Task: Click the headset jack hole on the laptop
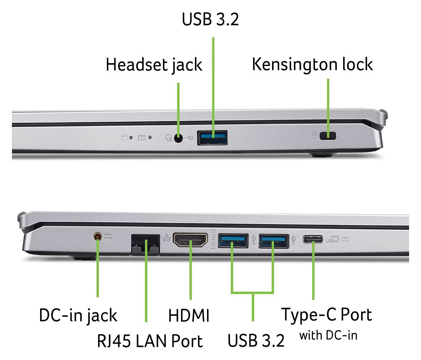pos(178,138)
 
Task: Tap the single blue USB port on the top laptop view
pos(212,138)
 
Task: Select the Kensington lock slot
pos(328,136)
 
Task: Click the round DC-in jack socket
pos(97,237)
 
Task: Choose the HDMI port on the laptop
pos(190,240)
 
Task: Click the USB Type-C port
pos(313,239)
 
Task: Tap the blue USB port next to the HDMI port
pos(233,240)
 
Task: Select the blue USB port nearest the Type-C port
pos(274,241)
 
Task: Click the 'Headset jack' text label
pos(154,65)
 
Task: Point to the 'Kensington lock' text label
pos(312,64)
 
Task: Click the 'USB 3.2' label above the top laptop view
pos(210,19)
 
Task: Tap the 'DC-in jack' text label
pos(78,315)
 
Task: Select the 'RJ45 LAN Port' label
pos(150,341)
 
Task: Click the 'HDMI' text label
pos(189,315)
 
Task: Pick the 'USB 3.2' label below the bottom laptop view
pos(256,341)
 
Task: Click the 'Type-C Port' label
pos(326,315)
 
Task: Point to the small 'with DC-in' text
pos(328,335)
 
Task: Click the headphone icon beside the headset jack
pos(168,138)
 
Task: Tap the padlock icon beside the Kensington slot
pos(315,136)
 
